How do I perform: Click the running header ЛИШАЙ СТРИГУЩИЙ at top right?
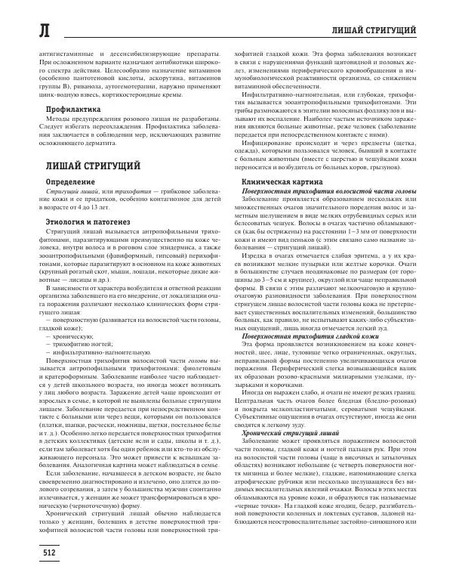(x=375, y=29)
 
